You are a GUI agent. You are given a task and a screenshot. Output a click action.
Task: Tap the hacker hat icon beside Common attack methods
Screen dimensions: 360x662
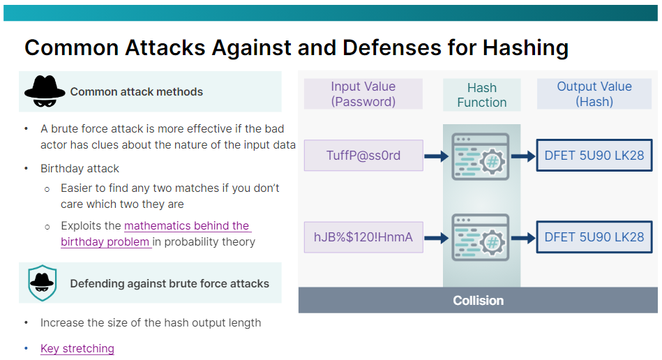pyautogui.click(x=45, y=91)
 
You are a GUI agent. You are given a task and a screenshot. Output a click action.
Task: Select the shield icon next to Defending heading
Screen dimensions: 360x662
pyautogui.click(x=43, y=283)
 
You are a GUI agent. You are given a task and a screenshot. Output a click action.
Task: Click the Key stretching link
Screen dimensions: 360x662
pyautogui.click(x=77, y=348)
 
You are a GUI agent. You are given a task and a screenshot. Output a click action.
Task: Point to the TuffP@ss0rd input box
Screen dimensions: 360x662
pyautogui.click(x=363, y=156)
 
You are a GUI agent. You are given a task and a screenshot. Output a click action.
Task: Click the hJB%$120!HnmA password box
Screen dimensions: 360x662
pyautogui.click(x=363, y=237)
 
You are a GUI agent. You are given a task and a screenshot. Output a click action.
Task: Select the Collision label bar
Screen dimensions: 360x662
pyautogui.click(x=478, y=301)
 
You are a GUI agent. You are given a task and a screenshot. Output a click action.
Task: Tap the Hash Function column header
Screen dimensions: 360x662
pyautogui.click(x=481, y=95)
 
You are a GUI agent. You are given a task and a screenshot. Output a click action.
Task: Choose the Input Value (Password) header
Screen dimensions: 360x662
pyautogui.click(x=363, y=94)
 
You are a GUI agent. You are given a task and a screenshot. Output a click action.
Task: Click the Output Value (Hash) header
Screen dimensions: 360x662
pyautogui.click(x=594, y=94)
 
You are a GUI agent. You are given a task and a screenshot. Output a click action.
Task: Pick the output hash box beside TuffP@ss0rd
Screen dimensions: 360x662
pyautogui.click(x=594, y=156)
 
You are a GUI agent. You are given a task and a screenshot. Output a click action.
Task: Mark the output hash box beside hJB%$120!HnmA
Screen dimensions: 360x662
pyautogui.click(x=594, y=237)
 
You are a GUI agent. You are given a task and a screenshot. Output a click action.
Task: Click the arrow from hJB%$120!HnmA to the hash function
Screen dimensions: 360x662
pyautogui.click(x=436, y=237)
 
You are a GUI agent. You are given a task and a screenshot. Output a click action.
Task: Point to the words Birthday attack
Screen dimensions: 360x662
pyautogui.click(x=80, y=168)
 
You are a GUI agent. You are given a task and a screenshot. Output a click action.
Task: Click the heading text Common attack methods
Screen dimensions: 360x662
pyautogui.click(x=136, y=91)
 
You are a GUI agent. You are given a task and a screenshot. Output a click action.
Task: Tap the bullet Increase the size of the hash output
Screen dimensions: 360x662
pyautogui.click(x=151, y=322)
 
